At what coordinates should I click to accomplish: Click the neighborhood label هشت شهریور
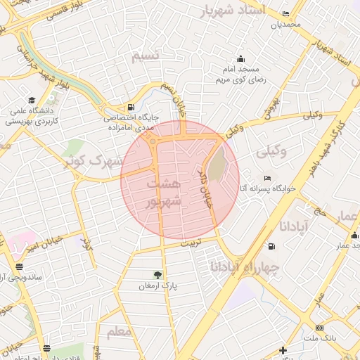click(164, 191)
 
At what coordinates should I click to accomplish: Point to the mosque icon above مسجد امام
click(241, 58)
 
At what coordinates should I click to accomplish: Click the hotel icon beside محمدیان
click(285, 14)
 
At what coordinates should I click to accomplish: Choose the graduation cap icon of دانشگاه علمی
click(31, 100)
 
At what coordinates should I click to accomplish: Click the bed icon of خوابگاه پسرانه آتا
click(266, 178)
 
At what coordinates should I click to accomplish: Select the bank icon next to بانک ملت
click(319, 328)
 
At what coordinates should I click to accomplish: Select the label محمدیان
click(286, 25)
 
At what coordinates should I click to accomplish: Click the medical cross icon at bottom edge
click(282, 350)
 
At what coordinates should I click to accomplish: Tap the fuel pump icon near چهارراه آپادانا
click(271, 247)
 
